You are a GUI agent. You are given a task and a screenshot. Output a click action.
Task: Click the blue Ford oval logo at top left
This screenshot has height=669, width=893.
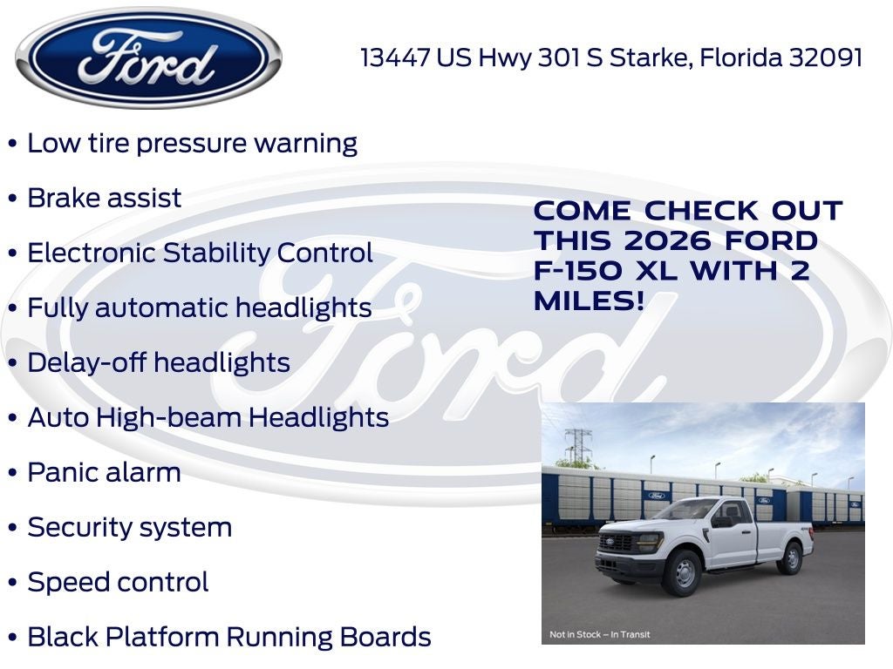tap(148, 57)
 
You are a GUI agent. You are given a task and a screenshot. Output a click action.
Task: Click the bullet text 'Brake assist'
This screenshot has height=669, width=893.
tap(105, 198)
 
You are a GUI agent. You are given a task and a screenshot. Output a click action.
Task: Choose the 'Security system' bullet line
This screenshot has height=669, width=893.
tap(129, 527)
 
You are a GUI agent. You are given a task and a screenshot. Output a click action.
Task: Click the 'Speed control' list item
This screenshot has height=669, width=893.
tap(118, 582)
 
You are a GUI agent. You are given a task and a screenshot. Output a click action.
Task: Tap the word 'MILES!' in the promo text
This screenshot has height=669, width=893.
tap(590, 301)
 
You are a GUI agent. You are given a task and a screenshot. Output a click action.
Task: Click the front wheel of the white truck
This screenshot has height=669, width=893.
tap(681, 573)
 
